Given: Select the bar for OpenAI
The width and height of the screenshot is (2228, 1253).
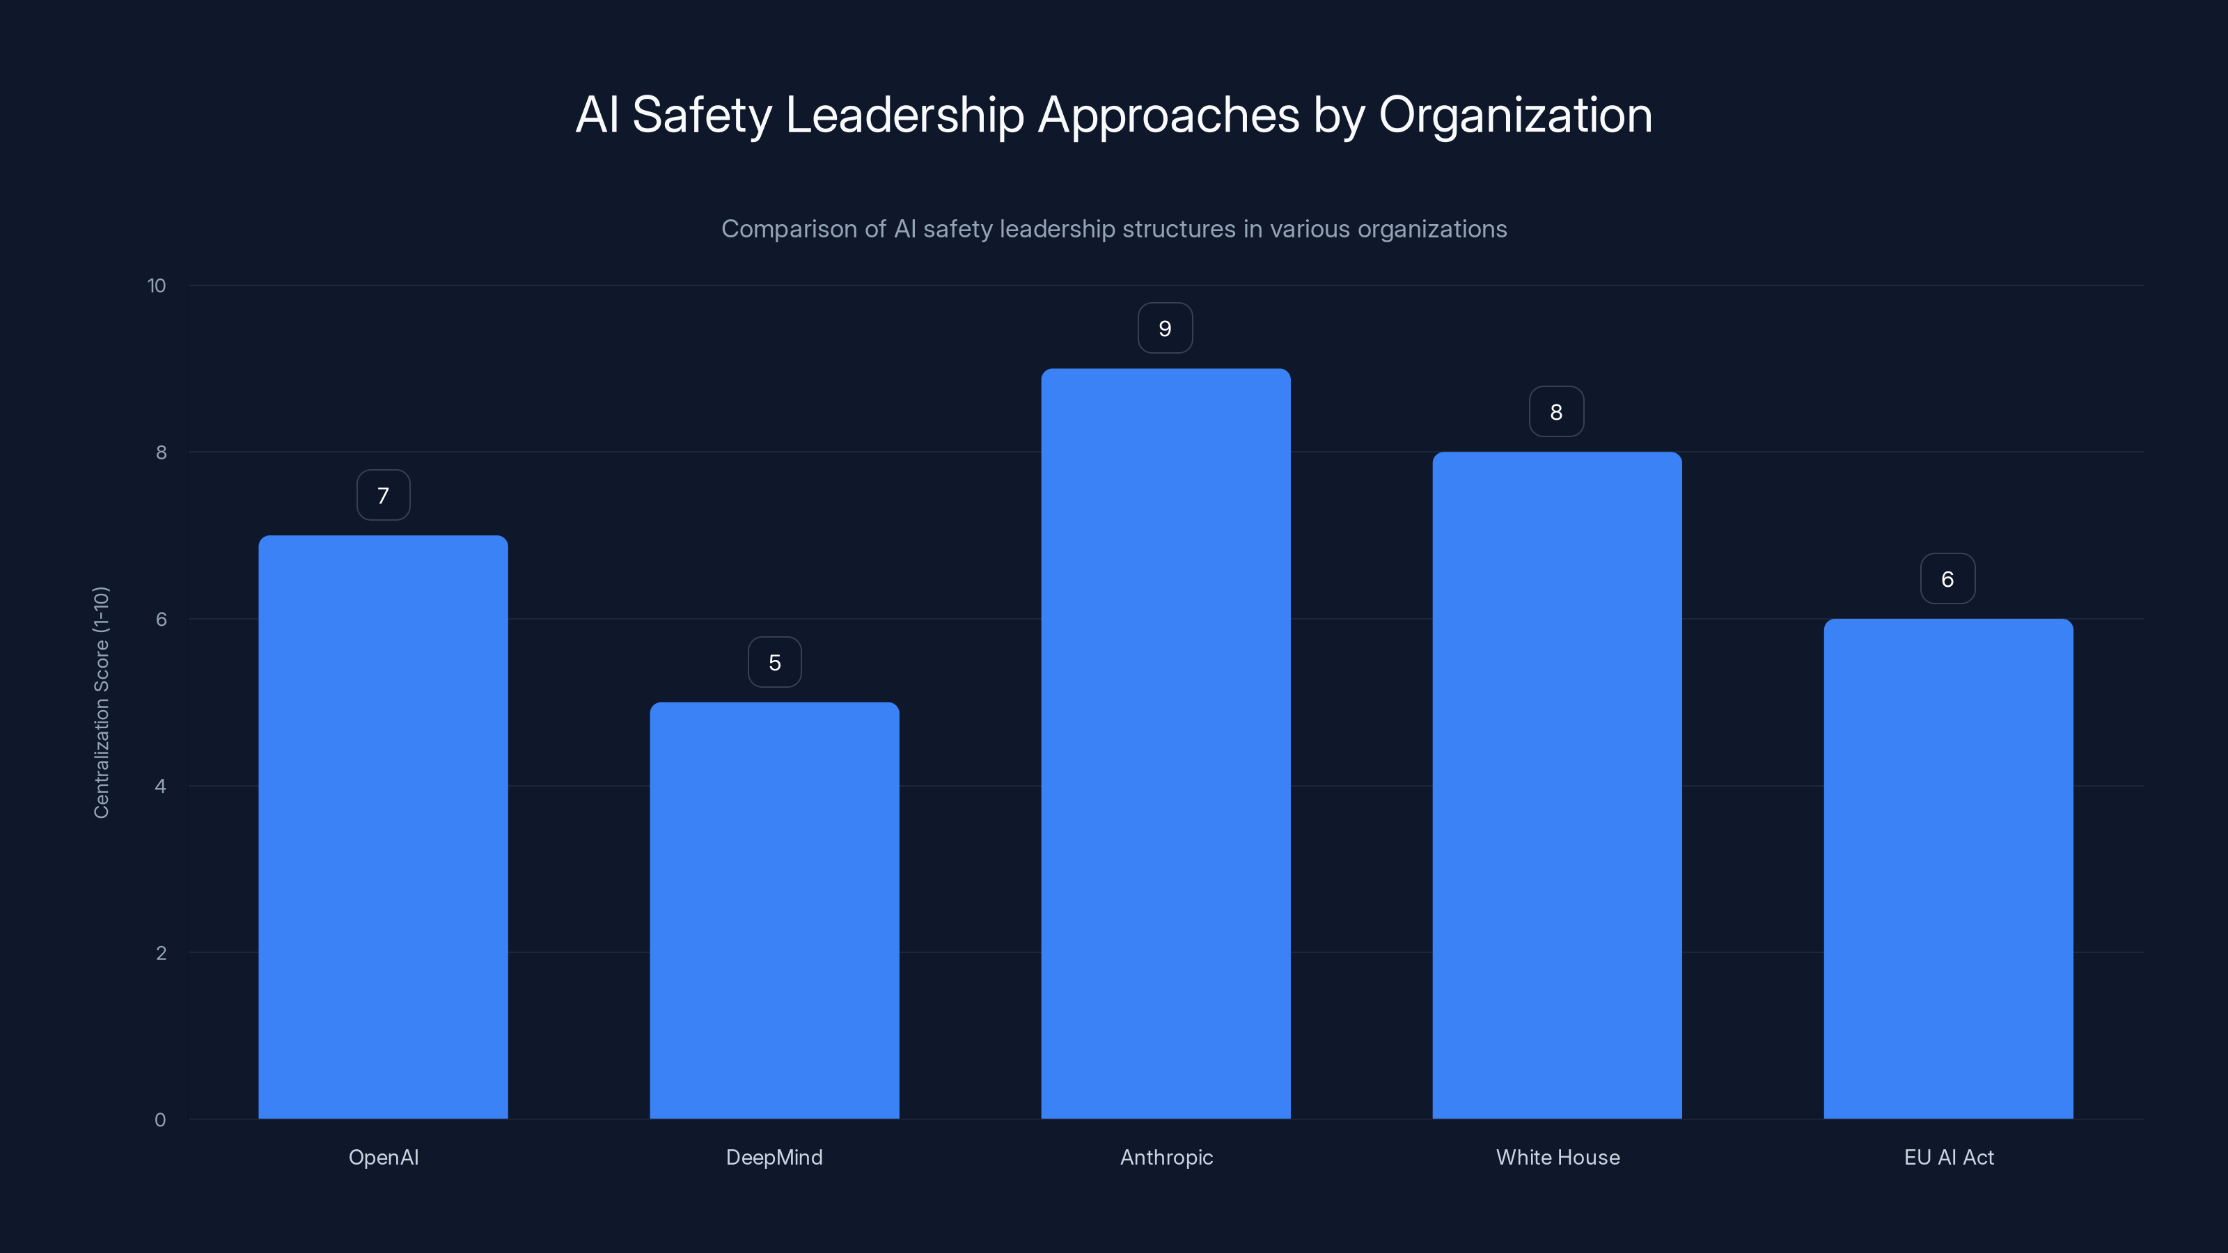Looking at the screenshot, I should (x=383, y=827).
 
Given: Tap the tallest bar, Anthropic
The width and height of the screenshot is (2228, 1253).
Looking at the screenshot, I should (x=1165, y=743).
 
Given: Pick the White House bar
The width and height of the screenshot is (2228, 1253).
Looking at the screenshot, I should (x=1557, y=785).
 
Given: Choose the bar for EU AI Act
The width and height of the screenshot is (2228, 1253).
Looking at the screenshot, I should (x=1948, y=868).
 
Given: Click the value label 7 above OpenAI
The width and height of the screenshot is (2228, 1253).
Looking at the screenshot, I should (x=383, y=496).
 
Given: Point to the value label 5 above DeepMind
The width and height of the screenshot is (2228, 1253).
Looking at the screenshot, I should (x=774, y=663).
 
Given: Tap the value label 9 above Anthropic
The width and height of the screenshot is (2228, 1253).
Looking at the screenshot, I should (x=1165, y=329).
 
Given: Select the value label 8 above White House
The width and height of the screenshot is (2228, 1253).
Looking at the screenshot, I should (x=1556, y=411).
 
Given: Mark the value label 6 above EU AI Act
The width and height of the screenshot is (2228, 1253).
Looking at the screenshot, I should (x=1947, y=578).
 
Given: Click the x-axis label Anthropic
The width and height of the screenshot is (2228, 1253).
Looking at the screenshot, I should (x=1166, y=1157).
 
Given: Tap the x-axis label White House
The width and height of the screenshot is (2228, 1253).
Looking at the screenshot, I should (x=1558, y=1157).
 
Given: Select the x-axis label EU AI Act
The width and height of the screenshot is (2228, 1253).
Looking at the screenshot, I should (x=1949, y=1157).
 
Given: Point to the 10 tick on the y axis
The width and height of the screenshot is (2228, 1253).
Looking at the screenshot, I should (x=157, y=285).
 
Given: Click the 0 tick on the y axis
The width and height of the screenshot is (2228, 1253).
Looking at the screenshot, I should (x=160, y=1120).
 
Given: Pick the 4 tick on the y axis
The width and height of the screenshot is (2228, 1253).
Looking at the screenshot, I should (x=160, y=786).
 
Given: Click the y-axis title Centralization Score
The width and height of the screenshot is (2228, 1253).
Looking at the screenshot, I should (x=101, y=702).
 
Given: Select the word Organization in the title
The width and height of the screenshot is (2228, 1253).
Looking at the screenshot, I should (x=1515, y=115).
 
